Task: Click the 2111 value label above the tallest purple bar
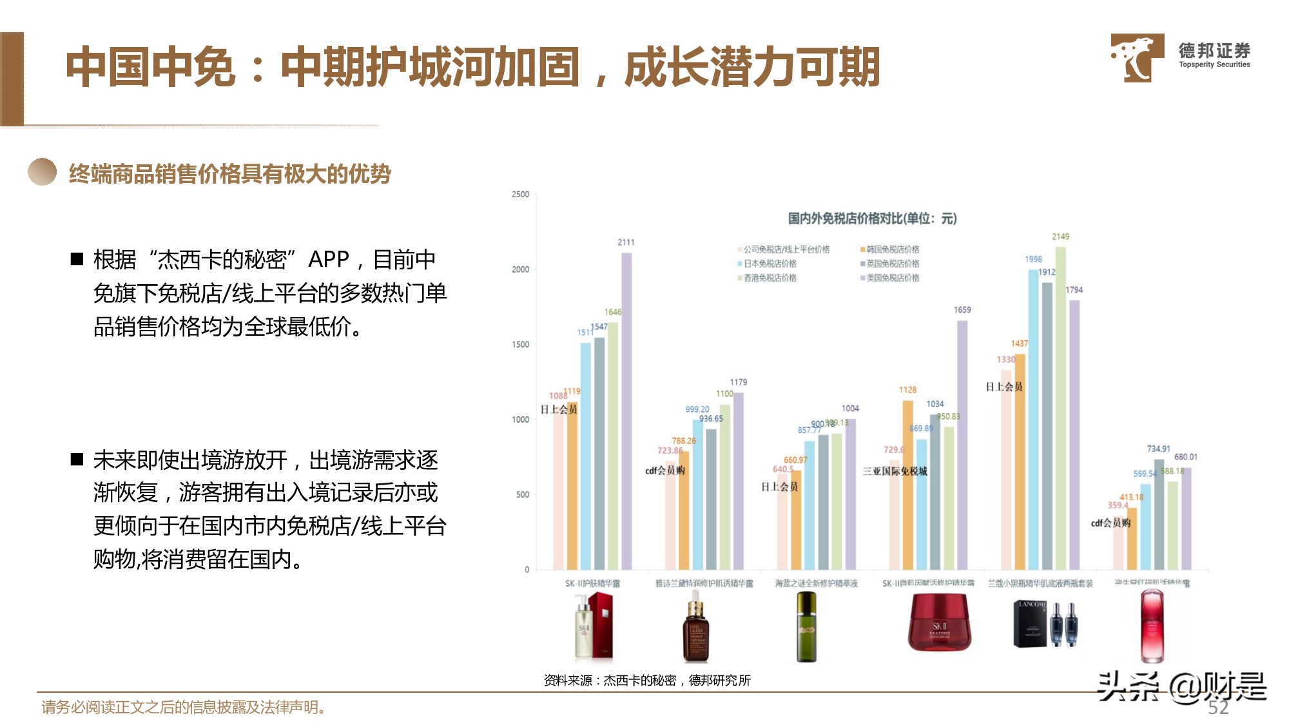pyautogui.click(x=626, y=242)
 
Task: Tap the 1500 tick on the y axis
pyautogui.click(x=521, y=344)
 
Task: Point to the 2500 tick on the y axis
pyautogui.click(x=521, y=194)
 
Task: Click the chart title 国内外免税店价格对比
pyautogui.click(x=872, y=218)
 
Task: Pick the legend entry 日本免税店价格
pyautogui.click(x=770, y=264)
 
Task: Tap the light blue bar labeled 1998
pyautogui.click(x=1033, y=419)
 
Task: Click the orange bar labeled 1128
pyautogui.click(x=907, y=483)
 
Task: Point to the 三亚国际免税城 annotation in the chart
pyautogui.click(x=895, y=471)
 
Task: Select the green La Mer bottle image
pyautogui.click(x=806, y=627)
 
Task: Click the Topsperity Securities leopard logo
pyautogui.click(x=1137, y=57)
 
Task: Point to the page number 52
pyautogui.click(x=1217, y=708)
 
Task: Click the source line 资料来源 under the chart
pyautogui.click(x=647, y=681)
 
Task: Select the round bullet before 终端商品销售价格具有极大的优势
pyautogui.click(x=43, y=172)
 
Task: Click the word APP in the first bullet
pyautogui.click(x=328, y=259)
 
